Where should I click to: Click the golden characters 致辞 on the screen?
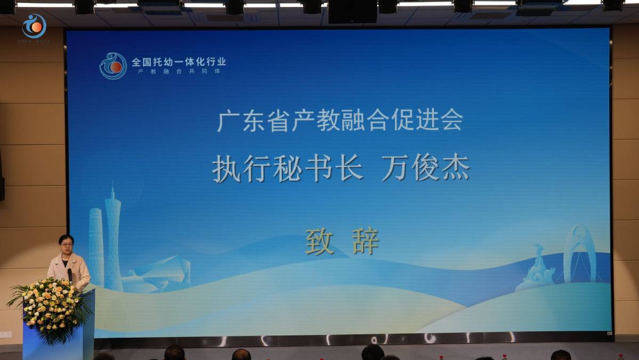click(x=342, y=242)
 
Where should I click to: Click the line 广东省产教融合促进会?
click(x=339, y=121)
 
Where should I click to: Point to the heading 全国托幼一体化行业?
click(x=179, y=62)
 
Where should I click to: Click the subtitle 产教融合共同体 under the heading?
click(x=179, y=71)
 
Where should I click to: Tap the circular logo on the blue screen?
click(x=113, y=66)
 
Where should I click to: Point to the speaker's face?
click(x=67, y=247)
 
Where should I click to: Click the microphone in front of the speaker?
click(x=70, y=274)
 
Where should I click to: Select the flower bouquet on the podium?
click(x=52, y=307)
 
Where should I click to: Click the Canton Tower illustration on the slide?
click(x=113, y=237)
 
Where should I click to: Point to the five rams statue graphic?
click(x=537, y=269)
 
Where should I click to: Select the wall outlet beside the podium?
click(x=5, y=335)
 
